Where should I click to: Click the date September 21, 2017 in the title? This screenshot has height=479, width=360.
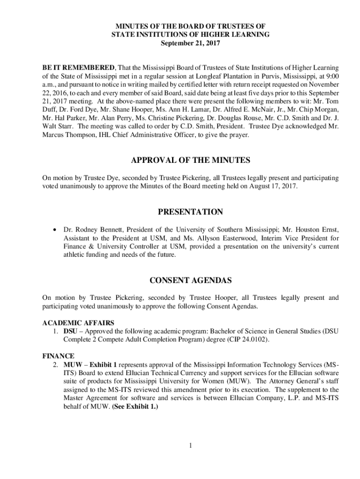(x=190, y=44)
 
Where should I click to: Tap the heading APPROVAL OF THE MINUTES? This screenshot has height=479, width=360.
(x=190, y=160)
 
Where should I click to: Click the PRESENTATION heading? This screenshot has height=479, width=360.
(x=190, y=212)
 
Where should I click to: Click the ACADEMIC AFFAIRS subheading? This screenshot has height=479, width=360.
(x=78, y=323)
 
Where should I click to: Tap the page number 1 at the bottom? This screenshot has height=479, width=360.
(x=191, y=445)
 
